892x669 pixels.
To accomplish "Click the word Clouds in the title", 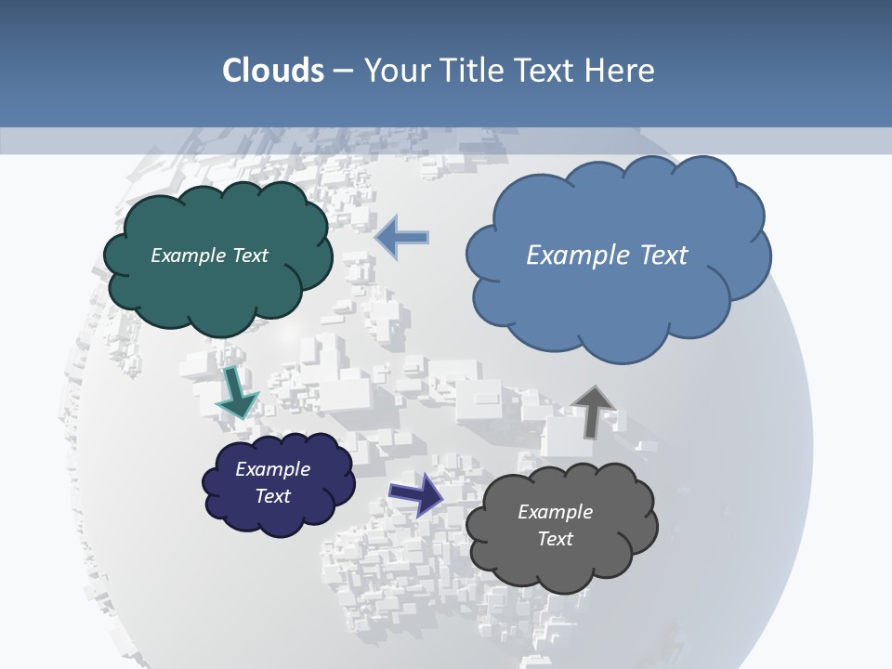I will click(272, 71).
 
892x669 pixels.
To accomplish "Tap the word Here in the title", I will click(621, 71).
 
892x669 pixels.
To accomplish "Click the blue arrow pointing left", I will click(401, 237).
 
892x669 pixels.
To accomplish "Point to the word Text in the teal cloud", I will click(250, 256).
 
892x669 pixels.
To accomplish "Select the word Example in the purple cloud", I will click(272, 469).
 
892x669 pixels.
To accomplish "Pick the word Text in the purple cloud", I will click(272, 496).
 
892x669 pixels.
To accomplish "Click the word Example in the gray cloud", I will click(555, 512).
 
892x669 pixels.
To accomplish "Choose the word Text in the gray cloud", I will click(555, 539).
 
